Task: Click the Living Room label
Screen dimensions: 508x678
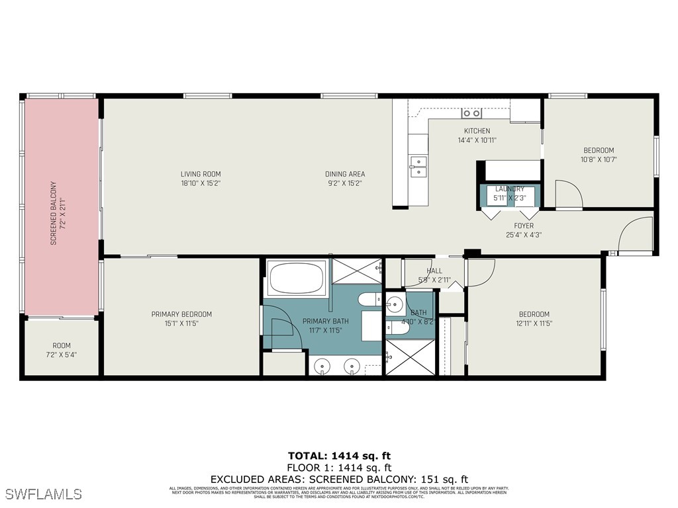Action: [200, 179]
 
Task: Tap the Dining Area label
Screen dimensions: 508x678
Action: [344, 179]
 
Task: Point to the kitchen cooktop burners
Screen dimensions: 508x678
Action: [471, 113]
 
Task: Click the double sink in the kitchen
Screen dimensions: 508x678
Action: [418, 167]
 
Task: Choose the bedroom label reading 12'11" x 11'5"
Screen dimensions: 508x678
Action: [534, 319]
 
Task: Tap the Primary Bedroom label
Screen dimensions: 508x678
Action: [181, 319]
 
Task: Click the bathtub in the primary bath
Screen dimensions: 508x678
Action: [297, 278]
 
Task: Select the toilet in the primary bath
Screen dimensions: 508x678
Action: [369, 300]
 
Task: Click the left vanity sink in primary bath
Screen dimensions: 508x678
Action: [322, 364]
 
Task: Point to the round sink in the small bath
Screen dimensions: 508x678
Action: [395, 305]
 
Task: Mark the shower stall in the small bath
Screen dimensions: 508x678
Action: [410, 357]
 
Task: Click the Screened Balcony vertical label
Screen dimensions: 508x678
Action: [58, 213]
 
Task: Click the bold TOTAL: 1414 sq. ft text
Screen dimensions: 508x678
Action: [339, 456]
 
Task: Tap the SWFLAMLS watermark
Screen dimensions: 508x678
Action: [43, 494]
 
